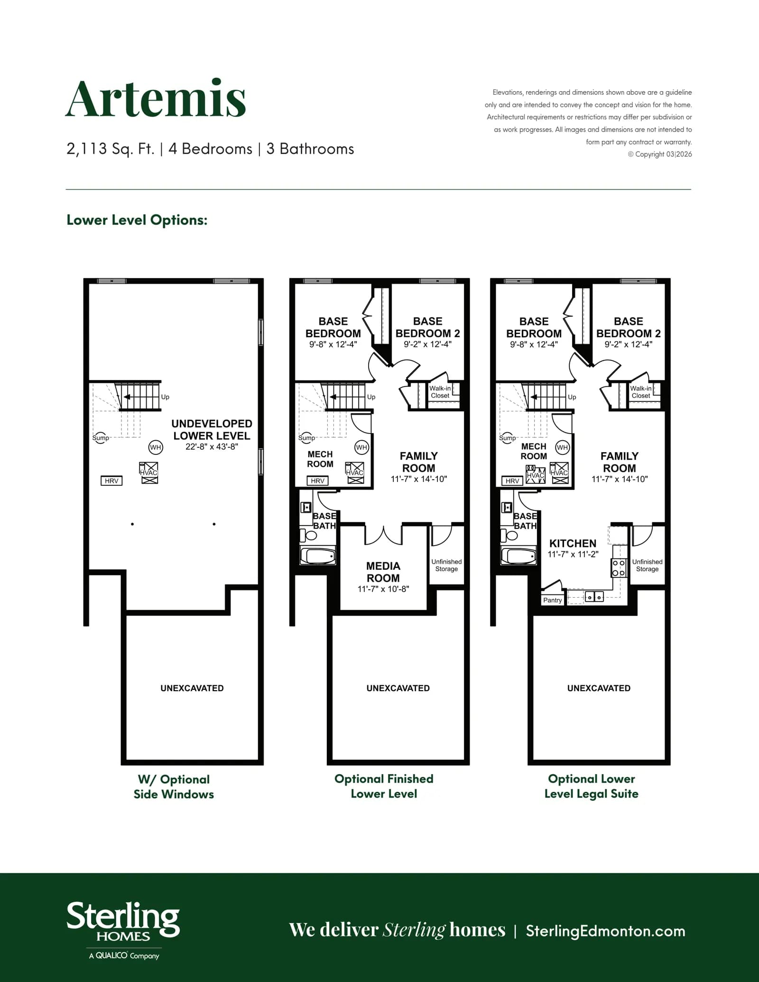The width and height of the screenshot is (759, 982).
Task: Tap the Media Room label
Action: click(x=383, y=572)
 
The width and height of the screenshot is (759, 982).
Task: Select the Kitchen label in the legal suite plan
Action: click(x=573, y=543)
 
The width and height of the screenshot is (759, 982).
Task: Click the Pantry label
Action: click(x=552, y=600)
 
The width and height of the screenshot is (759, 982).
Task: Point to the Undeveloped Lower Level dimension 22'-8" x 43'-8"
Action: click(x=212, y=446)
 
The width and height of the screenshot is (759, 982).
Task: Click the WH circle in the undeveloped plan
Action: click(x=156, y=447)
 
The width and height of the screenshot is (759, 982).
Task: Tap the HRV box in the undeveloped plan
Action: click(x=111, y=481)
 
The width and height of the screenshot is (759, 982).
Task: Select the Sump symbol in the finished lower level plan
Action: click(x=306, y=438)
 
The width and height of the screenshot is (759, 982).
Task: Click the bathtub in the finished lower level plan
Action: click(x=318, y=556)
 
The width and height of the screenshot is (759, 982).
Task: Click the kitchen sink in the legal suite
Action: click(x=594, y=597)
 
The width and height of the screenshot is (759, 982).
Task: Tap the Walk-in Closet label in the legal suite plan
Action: click(x=640, y=392)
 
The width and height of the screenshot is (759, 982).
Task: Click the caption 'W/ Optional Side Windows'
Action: click(x=174, y=787)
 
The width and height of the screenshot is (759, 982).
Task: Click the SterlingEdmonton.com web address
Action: click(x=605, y=931)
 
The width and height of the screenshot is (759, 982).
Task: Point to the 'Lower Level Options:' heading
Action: click(x=137, y=220)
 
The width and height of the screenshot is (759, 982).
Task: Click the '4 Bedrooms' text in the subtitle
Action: click(x=210, y=149)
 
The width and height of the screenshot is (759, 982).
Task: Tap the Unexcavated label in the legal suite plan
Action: click(x=599, y=688)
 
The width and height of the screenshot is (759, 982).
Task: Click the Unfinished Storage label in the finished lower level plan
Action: click(x=446, y=565)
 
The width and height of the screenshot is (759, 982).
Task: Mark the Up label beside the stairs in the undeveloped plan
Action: click(x=165, y=397)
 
